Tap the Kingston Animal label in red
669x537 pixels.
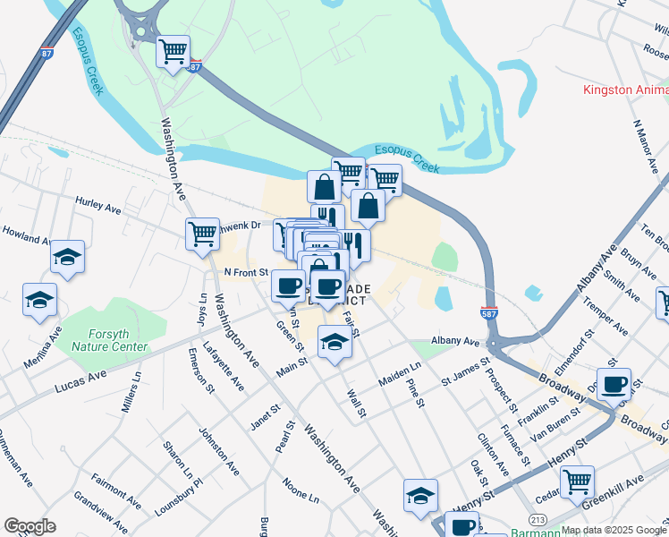[625, 89]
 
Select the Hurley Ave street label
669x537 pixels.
[97, 207]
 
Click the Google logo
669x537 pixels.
[30, 526]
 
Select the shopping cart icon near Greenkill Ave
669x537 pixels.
[577, 482]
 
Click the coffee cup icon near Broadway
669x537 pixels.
[614, 384]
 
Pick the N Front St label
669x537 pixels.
[245, 272]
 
